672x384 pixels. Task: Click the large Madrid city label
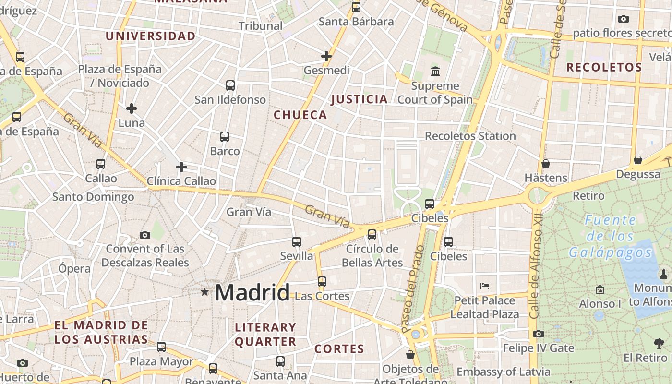point(252,292)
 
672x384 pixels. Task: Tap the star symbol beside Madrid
point(205,292)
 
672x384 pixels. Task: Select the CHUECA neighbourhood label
point(300,115)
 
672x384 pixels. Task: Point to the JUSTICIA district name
point(360,99)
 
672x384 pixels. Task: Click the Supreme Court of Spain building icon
point(435,72)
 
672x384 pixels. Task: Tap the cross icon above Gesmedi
point(326,56)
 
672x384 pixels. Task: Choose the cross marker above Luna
point(132,108)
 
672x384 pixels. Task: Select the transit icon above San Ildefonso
point(230,85)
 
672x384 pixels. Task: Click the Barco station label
point(225,151)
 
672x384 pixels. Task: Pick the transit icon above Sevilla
point(297,242)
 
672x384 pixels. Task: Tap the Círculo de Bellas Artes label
point(372,256)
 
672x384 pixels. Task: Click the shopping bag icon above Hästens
point(546,164)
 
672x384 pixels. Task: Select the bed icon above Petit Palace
point(485,286)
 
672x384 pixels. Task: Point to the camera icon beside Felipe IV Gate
point(539,334)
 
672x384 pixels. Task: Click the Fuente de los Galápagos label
point(610,236)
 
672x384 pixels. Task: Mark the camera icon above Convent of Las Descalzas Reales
point(145,235)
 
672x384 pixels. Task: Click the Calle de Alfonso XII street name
point(536,274)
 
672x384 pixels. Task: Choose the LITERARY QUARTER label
point(265,335)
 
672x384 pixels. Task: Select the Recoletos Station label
point(470,136)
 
